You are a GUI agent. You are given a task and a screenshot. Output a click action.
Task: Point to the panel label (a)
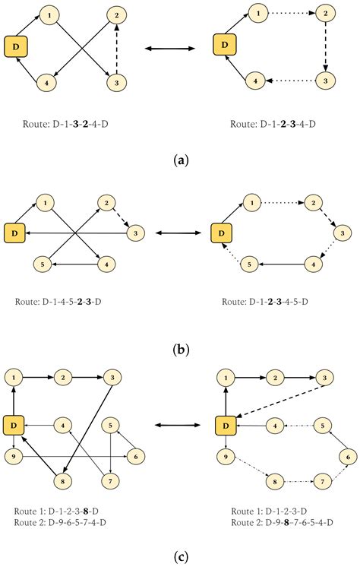(x=181, y=160)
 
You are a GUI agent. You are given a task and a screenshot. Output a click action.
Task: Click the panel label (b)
(x=181, y=350)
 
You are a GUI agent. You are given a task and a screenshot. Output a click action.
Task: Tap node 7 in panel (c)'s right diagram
(x=325, y=482)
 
